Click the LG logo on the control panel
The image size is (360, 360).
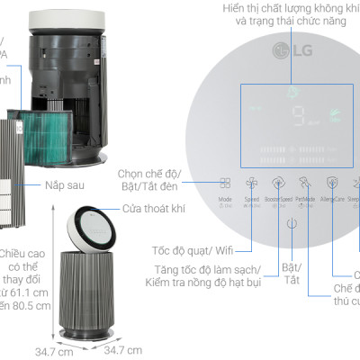point(292,50)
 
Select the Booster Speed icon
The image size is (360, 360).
point(279,181)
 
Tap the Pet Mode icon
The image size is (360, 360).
point(306,181)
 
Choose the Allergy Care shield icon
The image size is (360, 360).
point(333,181)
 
